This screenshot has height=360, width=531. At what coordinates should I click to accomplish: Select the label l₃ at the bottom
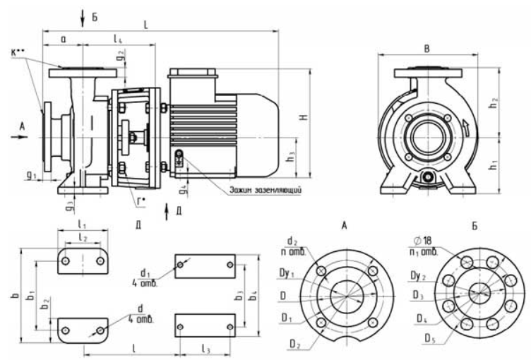(x=205, y=349)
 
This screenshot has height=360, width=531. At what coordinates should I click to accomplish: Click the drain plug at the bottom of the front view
(x=427, y=178)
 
